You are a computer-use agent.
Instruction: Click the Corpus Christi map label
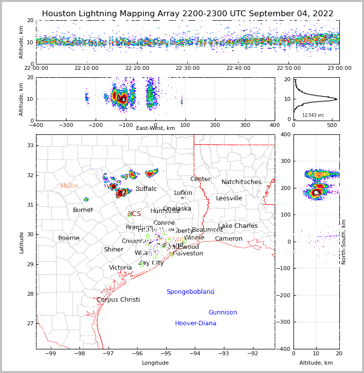(118, 300)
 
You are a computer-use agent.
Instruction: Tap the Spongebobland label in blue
(190, 292)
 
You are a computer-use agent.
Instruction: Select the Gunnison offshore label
(222, 312)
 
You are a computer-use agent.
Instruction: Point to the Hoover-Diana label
(195, 323)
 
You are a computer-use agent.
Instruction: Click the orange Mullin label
(69, 186)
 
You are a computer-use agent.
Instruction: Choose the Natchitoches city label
(241, 182)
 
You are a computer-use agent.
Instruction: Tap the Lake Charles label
(238, 226)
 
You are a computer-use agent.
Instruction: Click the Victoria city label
(120, 268)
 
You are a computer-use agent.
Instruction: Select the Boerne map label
(69, 238)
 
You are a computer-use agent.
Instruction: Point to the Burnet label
(83, 210)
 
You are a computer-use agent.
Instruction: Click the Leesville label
(229, 198)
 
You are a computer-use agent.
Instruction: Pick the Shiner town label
(113, 249)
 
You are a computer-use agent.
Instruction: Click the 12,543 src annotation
(313, 115)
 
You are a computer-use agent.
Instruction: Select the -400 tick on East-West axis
(36, 125)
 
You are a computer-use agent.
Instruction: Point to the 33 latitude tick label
(30, 145)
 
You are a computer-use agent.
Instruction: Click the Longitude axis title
(155, 363)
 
